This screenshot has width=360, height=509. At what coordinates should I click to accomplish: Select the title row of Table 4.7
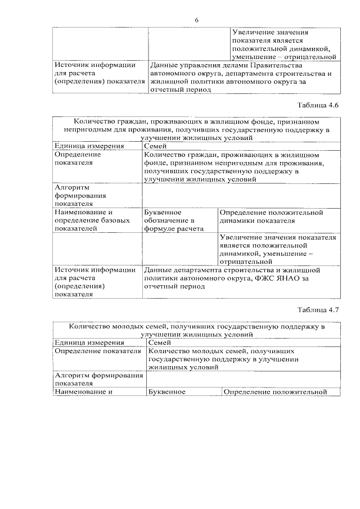pos(196,330)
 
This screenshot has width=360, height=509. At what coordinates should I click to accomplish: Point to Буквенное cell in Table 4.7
pos(166,392)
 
